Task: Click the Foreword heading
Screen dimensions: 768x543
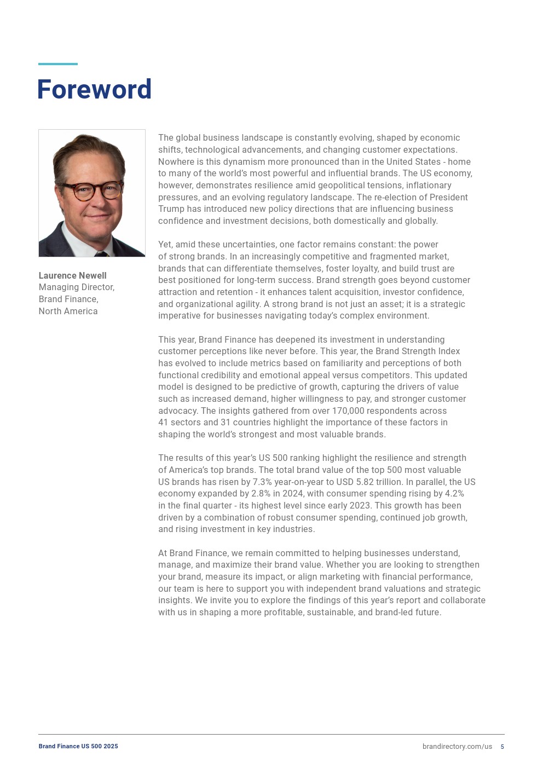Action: (x=94, y=90)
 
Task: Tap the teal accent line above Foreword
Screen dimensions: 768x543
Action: (x=57, y=64)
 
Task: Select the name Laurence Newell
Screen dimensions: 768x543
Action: (x=72, y=275)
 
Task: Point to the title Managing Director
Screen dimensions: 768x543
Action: (x=76, y=287)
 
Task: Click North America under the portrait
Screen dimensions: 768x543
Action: (x=68, y=311)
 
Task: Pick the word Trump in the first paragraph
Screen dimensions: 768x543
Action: (x=171, y=209)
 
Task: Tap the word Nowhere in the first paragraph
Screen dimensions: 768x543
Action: (x=176, y=161)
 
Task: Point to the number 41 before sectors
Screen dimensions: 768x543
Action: (x=163, y=423)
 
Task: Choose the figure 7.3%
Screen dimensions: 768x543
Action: (x=262, y=482)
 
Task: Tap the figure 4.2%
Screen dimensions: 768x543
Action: (x=454, y=494)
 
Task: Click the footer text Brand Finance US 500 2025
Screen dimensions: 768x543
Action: (x=78, y=746)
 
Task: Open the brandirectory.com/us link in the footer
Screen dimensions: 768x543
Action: (x=457, y=747)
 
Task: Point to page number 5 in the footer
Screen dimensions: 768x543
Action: (x=502, y=747)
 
